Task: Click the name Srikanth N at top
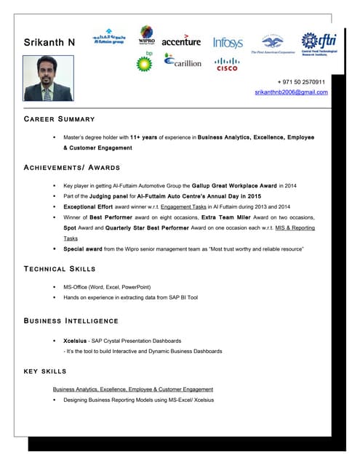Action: click(49, 42)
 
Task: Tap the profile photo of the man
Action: click(48, 80)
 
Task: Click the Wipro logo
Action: click(147, 35)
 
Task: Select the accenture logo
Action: click(181, 41)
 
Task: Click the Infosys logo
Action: click(228, 43)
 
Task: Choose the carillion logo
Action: click(183, 62)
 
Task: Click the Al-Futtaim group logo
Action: click(108, 39)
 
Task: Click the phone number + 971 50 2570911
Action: click(301, 82)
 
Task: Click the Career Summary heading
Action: click(60, 118)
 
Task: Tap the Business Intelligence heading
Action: click(71, 320)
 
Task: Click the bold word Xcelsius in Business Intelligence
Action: click(76, 340)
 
